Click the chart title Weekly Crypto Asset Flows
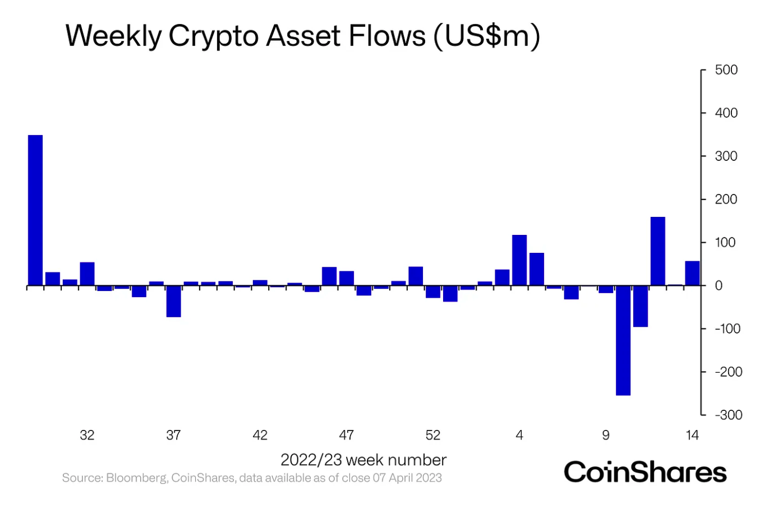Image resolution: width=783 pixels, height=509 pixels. click(303, 36)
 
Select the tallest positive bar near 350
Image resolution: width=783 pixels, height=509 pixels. click(35, 210)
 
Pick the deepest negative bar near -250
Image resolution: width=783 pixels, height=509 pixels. click(623, 340)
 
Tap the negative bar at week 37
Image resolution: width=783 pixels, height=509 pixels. click(174, 302)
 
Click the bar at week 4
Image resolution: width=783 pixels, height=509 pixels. click(519, 260)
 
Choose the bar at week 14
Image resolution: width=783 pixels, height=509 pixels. click(692, 274)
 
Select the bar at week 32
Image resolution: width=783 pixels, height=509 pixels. click(87, 274)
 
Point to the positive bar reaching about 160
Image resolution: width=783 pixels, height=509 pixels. click(658, 251)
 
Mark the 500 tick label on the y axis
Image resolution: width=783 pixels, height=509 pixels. click(726, 70)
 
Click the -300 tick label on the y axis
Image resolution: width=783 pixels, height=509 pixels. click(728, 415)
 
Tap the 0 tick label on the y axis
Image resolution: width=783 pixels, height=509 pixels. click(719, 285)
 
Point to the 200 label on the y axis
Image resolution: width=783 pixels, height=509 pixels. click(726, 199)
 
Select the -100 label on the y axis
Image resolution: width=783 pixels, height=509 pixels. click(728, 328)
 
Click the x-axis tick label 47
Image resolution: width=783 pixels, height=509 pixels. click(347, 435)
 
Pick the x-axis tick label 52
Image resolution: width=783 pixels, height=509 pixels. click(433, 435)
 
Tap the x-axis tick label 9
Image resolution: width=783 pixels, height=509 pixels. click(606, 435)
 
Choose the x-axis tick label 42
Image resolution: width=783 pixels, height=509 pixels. click(260, 435)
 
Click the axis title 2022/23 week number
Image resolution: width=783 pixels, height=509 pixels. click(363, 460)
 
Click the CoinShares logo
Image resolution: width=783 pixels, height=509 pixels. click(645, 472)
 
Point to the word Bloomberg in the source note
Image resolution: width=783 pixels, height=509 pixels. click(136, 478)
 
